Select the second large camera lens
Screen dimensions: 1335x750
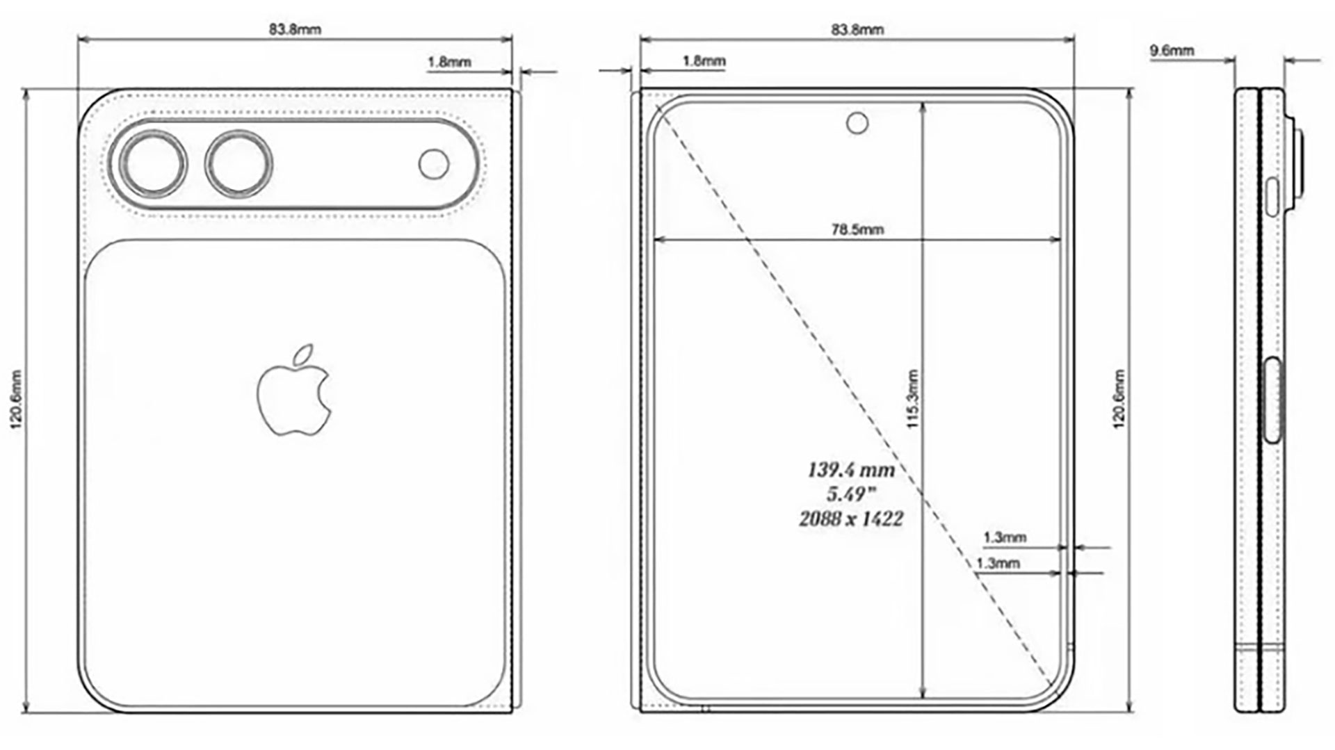click(x=238, y=165)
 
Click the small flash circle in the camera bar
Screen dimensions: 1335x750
click(x=434, y=165)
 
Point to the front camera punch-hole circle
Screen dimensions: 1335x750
click(x=857, y=124)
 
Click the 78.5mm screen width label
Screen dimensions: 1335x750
click(x=858, y=229)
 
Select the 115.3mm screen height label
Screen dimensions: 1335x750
click(x=913, y=398)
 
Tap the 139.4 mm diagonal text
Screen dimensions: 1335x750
click(x=851, y=470)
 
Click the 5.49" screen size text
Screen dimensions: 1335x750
click(x=850, y=494)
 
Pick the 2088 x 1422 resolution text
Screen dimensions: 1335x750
click(x=851, y=519)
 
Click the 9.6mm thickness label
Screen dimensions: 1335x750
click(x=1172, y=50)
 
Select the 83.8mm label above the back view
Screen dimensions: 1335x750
click(x=296, y=29)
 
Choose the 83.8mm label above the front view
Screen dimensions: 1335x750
click(x=858, y=29)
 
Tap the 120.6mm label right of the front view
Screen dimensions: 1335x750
click(x=1119, y=399)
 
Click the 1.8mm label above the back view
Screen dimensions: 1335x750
click(x=449, y=62)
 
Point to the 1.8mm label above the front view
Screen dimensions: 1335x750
click(x=704, y=60)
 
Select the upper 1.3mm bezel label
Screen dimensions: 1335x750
click(x=1005, y=537)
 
